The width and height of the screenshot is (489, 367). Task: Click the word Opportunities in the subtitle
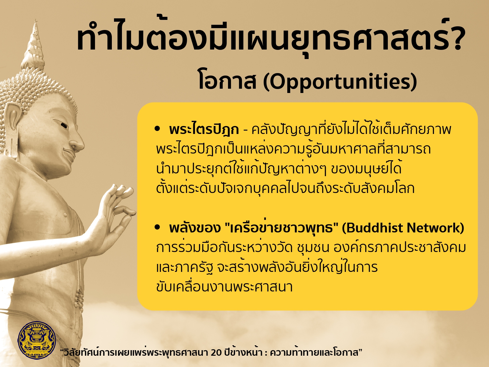(x=340, y=82)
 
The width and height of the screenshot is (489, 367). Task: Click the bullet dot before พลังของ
(x=157, y=227)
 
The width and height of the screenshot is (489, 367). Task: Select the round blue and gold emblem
(x=37, y=340)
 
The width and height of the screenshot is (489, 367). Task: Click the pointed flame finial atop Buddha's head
(x=35, y=45)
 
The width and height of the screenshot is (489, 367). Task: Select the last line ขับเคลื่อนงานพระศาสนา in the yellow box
(x=224, y=287)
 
